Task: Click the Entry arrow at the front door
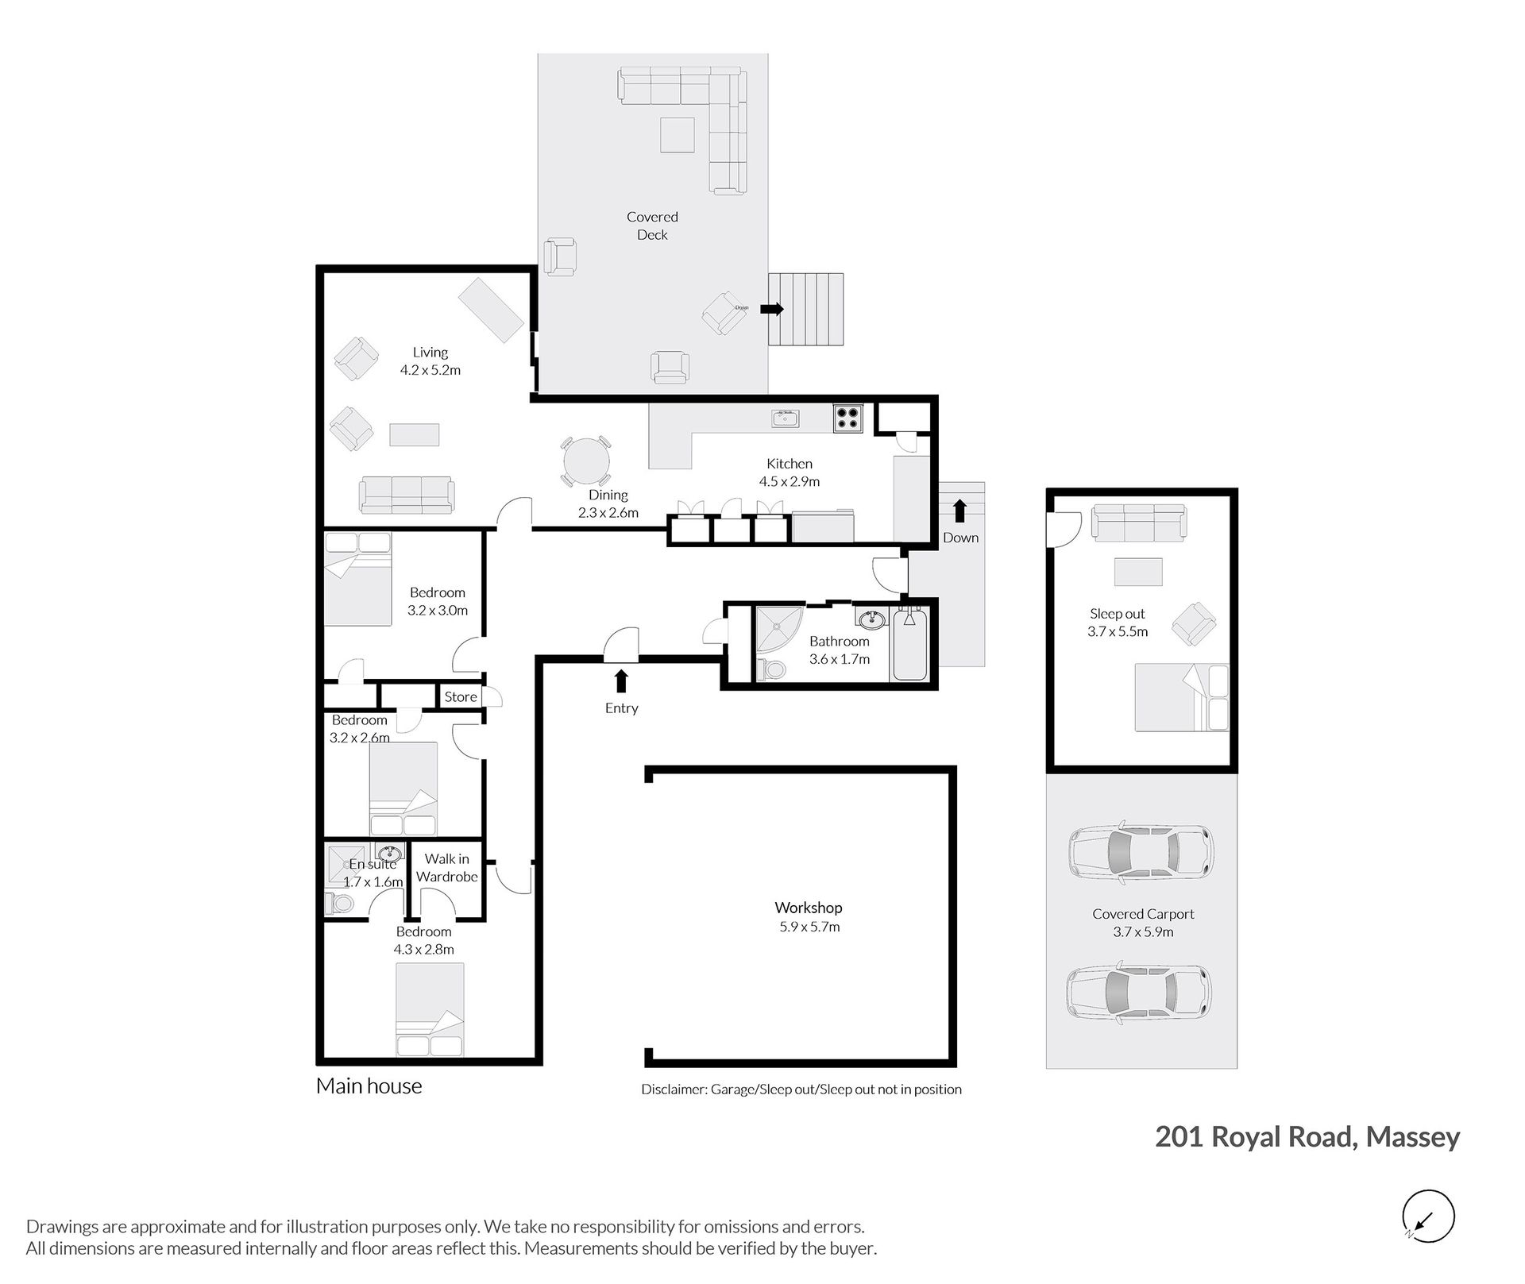pos(621,681)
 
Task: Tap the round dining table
pos(586,461)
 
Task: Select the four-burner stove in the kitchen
pos(848,418)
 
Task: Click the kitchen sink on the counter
pos(786,418)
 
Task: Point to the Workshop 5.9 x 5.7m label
pos(809,916)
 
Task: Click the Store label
pos(461,696)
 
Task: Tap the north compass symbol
pos(1428,1217)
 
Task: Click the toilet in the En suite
pos(339,903)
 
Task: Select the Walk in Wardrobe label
pos(447,868)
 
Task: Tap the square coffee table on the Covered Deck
pos(678,134)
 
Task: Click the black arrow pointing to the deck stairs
pos(772,309)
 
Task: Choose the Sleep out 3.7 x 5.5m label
pos(1118,623)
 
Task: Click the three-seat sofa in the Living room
pos(407,495)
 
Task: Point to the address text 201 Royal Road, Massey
pos(1307,1137)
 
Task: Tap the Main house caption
pos(369,1086)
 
